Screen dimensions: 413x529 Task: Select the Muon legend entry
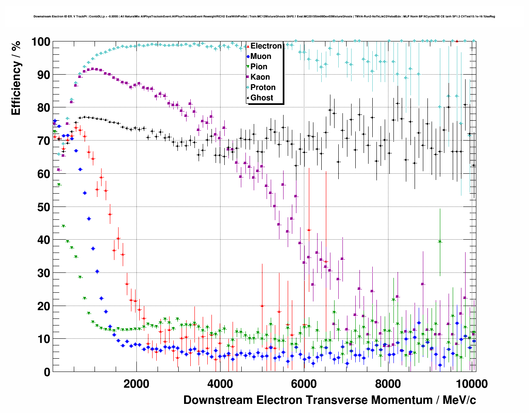coord(261,56)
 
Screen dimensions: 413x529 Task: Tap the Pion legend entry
coord(259,67)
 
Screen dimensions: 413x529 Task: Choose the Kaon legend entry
coord(260,77)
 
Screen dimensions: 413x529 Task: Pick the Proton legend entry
coord(263,87)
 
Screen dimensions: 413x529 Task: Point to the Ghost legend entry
coord(262,98)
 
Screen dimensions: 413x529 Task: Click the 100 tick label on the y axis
coord(41,42)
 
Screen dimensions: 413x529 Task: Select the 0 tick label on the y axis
coord(47,372)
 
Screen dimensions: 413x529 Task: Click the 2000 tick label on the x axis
coord(136,384)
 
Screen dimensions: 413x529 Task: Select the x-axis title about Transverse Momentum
coord(330,400)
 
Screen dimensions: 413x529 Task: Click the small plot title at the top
coord(264,17)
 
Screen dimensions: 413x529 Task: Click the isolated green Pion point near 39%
coord(440,242)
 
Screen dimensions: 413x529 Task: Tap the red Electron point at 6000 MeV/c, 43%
coord(308,230)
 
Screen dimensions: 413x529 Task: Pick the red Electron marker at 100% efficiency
coord(456,41)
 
